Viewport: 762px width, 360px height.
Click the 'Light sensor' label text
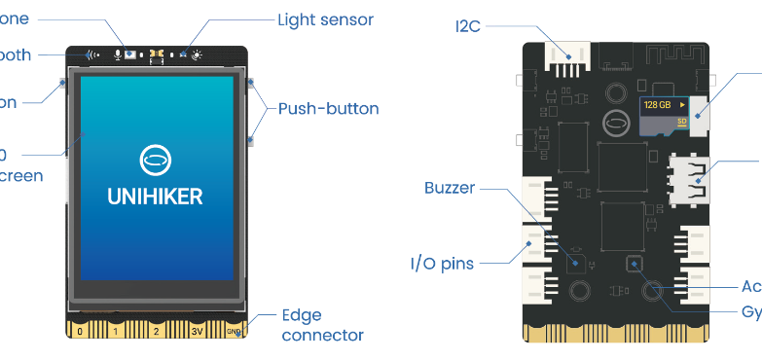[x=325, y=19]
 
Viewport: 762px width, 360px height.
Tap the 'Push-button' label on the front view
[x=328, y=108]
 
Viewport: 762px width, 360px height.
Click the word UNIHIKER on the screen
[x=156, y=196]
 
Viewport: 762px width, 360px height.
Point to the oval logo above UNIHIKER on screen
[x=156, y=158]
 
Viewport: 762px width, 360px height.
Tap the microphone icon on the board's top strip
[x=118, y=55]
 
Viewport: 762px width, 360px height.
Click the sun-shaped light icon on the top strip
[x=199, y=55]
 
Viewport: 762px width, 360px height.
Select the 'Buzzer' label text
[x=449, y=188]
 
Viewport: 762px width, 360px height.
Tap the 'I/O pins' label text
[x=441, y=263]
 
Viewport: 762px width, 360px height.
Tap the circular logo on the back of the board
[x=614, y=124]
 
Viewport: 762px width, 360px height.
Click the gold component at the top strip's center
[x=156, y=55]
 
